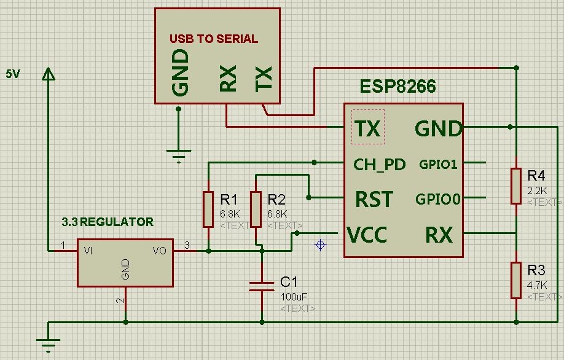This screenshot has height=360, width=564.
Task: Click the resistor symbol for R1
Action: click(x=208, y=209)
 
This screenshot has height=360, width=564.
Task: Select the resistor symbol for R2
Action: click(x=256, y=209)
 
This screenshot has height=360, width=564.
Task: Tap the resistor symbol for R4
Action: click(x=516, y=186)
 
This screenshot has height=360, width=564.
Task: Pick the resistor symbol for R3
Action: click(x=516, y=281)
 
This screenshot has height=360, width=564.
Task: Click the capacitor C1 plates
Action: click(x=262, y=286)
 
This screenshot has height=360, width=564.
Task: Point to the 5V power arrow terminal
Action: click(x=48, y=74)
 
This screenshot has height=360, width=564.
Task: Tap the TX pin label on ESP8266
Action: click(x=367, y=128)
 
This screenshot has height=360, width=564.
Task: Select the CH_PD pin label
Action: click(x=380, y=165)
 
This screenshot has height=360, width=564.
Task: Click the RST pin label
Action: click(x=374, y=199)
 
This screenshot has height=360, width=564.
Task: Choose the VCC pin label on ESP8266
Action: click(x=367, y=235)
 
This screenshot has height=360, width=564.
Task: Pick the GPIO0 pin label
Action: click(x=438, y=199)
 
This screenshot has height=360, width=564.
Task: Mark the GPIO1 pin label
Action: click(x=438, y=165)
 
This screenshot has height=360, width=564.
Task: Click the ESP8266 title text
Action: click(x=398, y=86)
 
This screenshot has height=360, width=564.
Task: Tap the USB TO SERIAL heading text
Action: click(x=214, y=39)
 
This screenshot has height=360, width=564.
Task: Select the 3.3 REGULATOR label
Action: click(x=108, y=222)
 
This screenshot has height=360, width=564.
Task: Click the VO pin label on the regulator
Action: click(x=159, y=251)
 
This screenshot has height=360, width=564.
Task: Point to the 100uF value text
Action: click(x=294, y=297)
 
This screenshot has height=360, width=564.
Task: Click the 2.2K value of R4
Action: click(x=537, y=190)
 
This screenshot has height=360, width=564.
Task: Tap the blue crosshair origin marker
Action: click(x=320, y=245)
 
